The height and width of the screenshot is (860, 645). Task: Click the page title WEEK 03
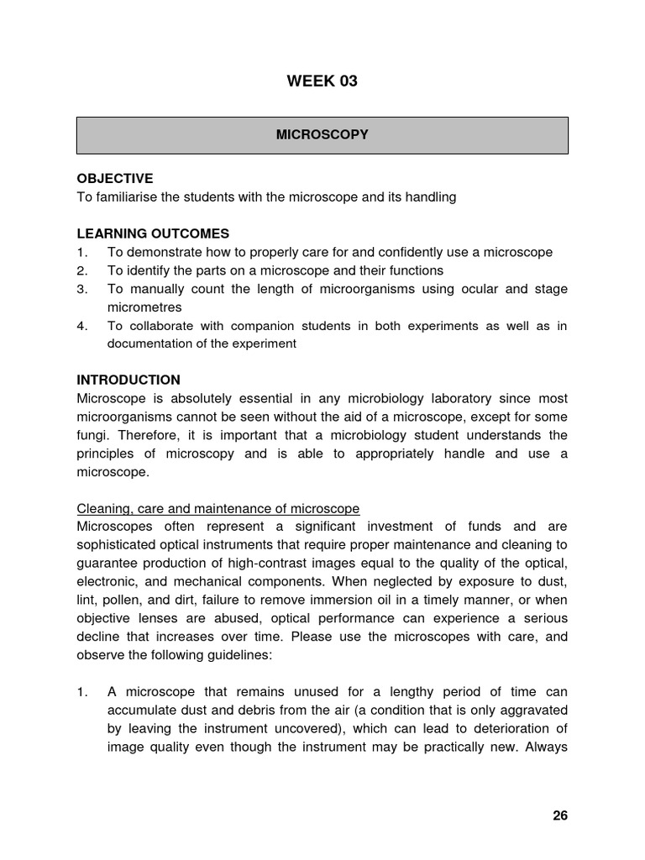322,81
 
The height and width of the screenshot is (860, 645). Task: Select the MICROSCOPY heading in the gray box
322,134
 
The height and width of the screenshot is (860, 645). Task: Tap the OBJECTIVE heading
115,179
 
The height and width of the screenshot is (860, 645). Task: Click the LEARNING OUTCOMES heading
153,233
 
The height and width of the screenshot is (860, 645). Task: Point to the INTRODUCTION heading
128,380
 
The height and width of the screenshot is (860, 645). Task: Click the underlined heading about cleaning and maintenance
218,508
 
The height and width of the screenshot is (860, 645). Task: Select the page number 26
560,815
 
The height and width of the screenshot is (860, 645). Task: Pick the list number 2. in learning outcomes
81,270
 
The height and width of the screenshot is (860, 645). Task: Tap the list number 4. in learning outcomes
81,326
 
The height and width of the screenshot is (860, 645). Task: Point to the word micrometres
144,307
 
